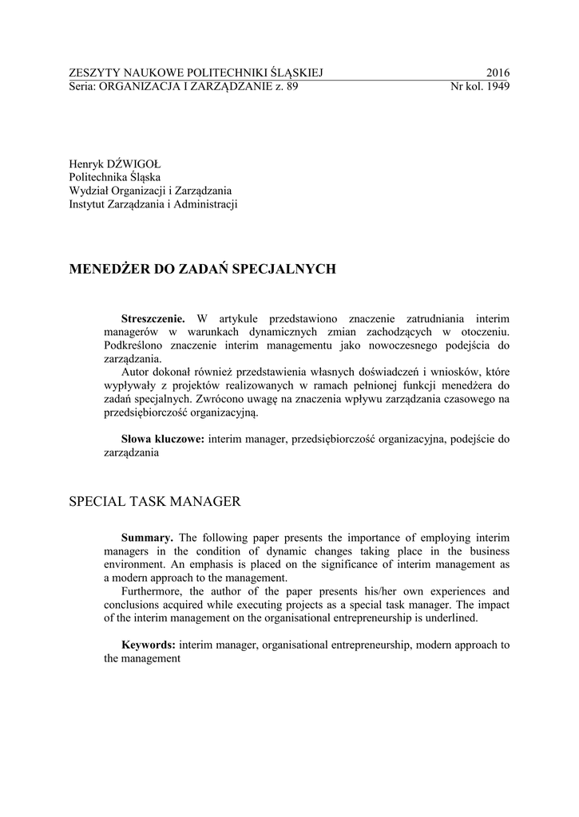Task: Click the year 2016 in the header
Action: pyautogui.click(x=497, y=73)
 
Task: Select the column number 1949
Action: pyautogui.click(x=497, y=86)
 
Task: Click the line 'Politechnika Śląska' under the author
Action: pyautogui.click(x=115, y=177)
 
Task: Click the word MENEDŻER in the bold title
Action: pyautogui.click(x=109, y=270)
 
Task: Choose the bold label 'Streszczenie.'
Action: pyautogui.click(x=153, y=318)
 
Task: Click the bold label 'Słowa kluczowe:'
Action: pyautogui.click(x=163, y=440)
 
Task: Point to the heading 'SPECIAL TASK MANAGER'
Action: pyautogui.click(x=155, y=502)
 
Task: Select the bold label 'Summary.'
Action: pyautogui.click(x=147, y=538)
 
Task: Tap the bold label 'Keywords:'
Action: pyautogui.click(x=149, y=645)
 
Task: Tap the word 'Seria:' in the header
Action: pyautogui.click(x=82, y=86)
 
